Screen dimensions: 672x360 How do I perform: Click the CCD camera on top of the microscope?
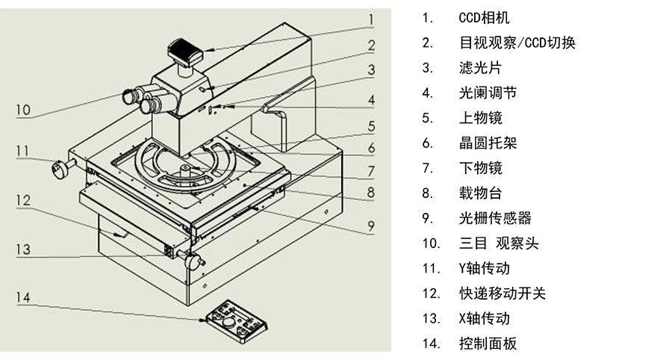(184, 52)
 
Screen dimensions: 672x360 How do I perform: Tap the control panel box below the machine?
(237, 321)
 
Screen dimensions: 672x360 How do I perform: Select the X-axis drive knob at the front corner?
(192, 260)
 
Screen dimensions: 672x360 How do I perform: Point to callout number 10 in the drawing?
(24, 110)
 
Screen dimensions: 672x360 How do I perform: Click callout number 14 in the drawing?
(24, 297)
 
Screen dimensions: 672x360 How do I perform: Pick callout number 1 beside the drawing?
(372, 19)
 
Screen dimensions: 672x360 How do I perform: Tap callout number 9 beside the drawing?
(371, 226)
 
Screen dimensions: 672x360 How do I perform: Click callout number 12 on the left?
(24, 201)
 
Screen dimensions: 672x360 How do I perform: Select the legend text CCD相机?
(484, 18)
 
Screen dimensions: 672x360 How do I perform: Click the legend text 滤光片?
(480, 68)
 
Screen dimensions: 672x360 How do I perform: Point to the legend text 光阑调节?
(488, 93)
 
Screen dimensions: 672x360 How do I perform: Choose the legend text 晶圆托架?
(488, 143)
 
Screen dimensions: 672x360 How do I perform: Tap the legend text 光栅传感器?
(495, 218)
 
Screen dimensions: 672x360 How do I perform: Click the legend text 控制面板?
(488, 344)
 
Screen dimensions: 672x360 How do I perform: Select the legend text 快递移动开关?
(503, 293)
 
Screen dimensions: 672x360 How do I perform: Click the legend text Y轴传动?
(485, 268)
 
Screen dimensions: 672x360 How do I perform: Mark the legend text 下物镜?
(480, 167)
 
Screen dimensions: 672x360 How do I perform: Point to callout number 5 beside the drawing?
(372, 126)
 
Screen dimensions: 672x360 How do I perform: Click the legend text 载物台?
(480, 193)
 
